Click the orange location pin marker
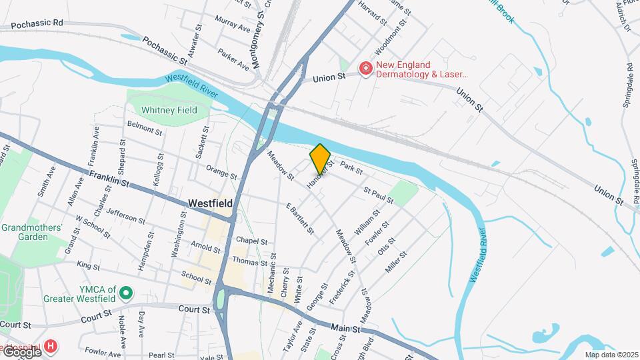(x=320, y=159)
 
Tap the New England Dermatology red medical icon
(x=365, y=69)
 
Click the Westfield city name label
(x=210, y=203)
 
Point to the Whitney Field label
(x=169, y=110)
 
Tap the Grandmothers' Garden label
(x=31, y=232)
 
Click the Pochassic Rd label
(x=31, y=22)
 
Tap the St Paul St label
(x=378, y=195)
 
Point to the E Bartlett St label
(x=300, y=218)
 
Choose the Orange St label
(x=221, y=172)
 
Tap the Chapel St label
(x=251, y=241)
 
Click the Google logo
(x=22, y=351)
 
